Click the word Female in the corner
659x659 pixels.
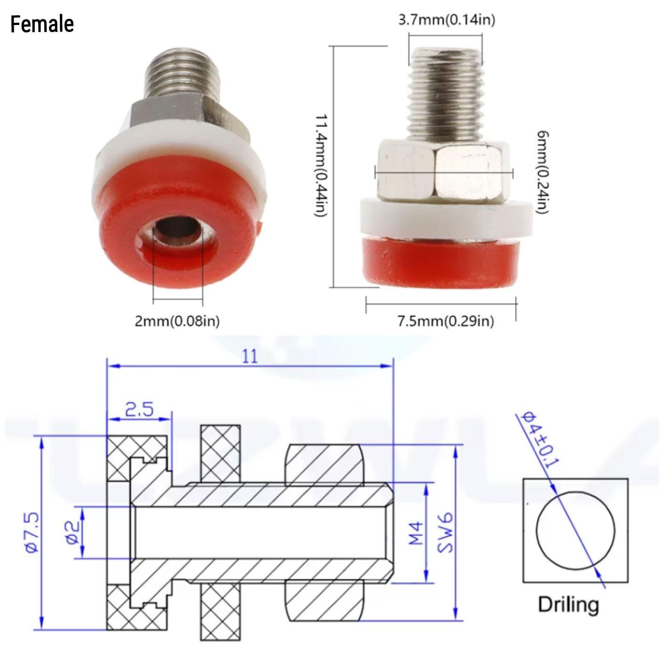point(42,24)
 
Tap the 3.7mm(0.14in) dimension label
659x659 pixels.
point(446,20)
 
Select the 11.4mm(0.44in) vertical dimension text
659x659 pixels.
point(321,165)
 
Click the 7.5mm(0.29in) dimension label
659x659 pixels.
point(446,321)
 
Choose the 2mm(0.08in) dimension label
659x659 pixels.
point(177,321)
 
